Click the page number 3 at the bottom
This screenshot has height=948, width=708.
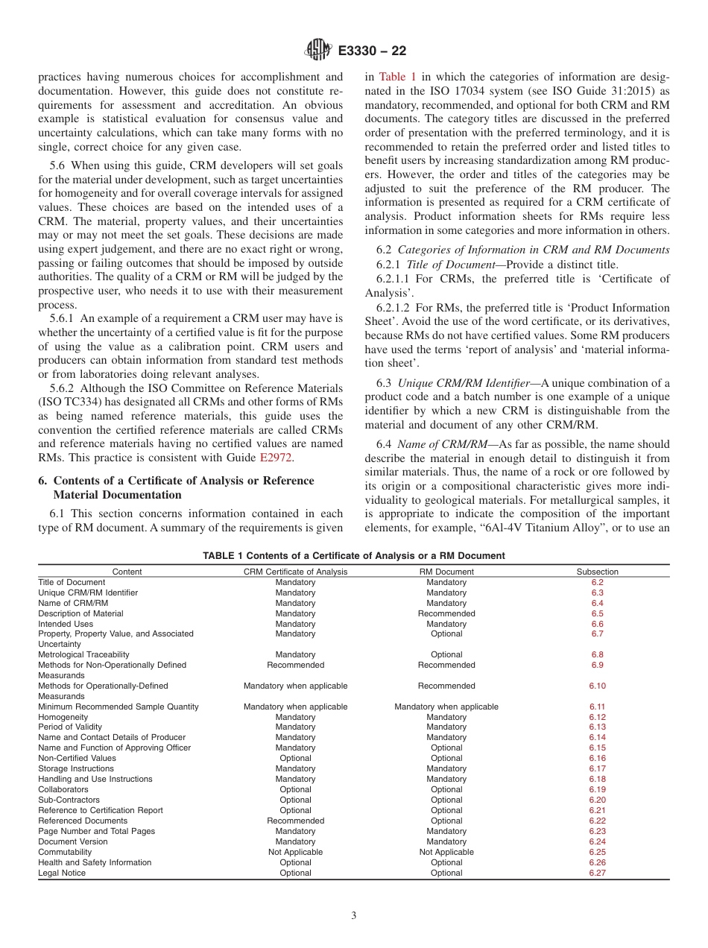click(x=354, y=916)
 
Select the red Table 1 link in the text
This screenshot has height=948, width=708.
click(x=393, y=77)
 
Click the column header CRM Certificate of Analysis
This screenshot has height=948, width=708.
click(x=295, y=572)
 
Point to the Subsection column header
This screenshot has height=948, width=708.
click(x=597, y=572)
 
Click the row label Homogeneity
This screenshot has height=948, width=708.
click(x=62, y=717)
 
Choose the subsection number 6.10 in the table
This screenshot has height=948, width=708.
click(x=597, y=686)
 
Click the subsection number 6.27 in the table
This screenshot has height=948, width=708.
click(x=597, y=873)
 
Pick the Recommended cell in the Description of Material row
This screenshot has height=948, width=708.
click(x=446, y=613)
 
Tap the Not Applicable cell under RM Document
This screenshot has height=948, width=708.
click(x=446, y=852)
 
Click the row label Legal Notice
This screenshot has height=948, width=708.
click(x=62, y=873)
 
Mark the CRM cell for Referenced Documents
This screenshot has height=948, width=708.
click(x=295, y=821)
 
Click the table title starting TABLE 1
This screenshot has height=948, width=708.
click(x=354, y=555)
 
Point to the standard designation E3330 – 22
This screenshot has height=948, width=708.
click(x=372, y=51)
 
